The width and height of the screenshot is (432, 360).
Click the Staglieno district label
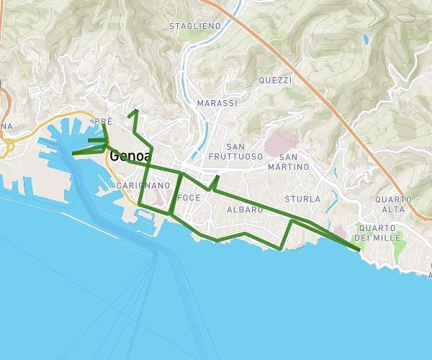coord(194,26)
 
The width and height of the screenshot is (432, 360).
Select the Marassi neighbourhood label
coord(217,104)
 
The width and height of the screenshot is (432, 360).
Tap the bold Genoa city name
coord(130,156)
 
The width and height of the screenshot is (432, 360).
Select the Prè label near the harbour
coord(104,122)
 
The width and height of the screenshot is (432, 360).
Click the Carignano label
coord(143,186)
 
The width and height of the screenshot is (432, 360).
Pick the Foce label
coord(189,197)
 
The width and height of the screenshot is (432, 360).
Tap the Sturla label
coord(302,199)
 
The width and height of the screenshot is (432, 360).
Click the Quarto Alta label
coord(393,204)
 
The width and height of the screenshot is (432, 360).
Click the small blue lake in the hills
coord(366,39)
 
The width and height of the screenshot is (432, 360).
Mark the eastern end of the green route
coord(359,250)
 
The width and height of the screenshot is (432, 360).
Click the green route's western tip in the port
coord(73,153)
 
